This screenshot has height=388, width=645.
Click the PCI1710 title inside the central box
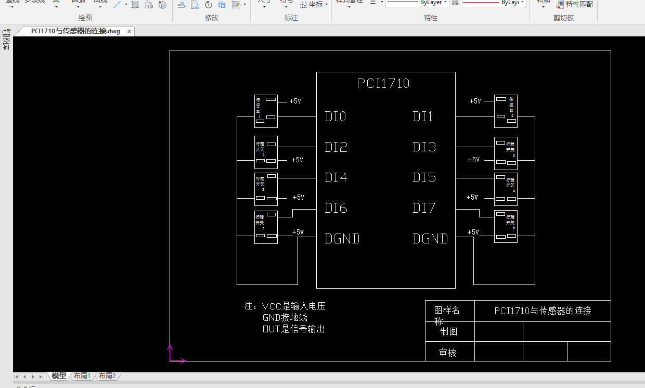(x=383, y=83)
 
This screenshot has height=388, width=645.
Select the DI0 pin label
(x=336, y=117)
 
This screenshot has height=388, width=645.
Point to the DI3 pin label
(x=424, y=147)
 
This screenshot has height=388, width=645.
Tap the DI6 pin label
(x=336, y=209)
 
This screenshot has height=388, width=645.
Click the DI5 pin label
(x=424, y=178)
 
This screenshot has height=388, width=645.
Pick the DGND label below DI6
(x=342, y=239)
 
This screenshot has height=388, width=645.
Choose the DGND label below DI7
(x=430, y=239)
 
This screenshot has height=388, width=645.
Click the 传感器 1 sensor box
(x=266, y=111)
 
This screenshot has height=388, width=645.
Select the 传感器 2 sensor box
(x=506, y=111)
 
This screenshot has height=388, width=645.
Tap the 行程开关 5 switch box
(x=266, y=227)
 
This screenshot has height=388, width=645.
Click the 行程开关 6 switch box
(x=506, y=227)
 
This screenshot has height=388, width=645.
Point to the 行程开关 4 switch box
(x=506, y=189)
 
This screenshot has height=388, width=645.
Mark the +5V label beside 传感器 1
(x=295, y=101)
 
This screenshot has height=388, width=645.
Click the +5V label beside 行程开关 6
(x=473, y=232)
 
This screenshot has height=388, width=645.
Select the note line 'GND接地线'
(x=285, y=317)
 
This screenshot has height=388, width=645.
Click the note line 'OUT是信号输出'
(x=294, y=329)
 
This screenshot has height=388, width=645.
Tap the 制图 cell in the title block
(x=449, y=331)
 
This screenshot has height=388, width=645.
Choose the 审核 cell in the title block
(x=448, y=353)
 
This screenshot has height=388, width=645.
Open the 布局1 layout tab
(x=82, y=376)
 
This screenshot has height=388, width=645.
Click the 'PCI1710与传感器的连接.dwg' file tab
(x=75, y=31)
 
